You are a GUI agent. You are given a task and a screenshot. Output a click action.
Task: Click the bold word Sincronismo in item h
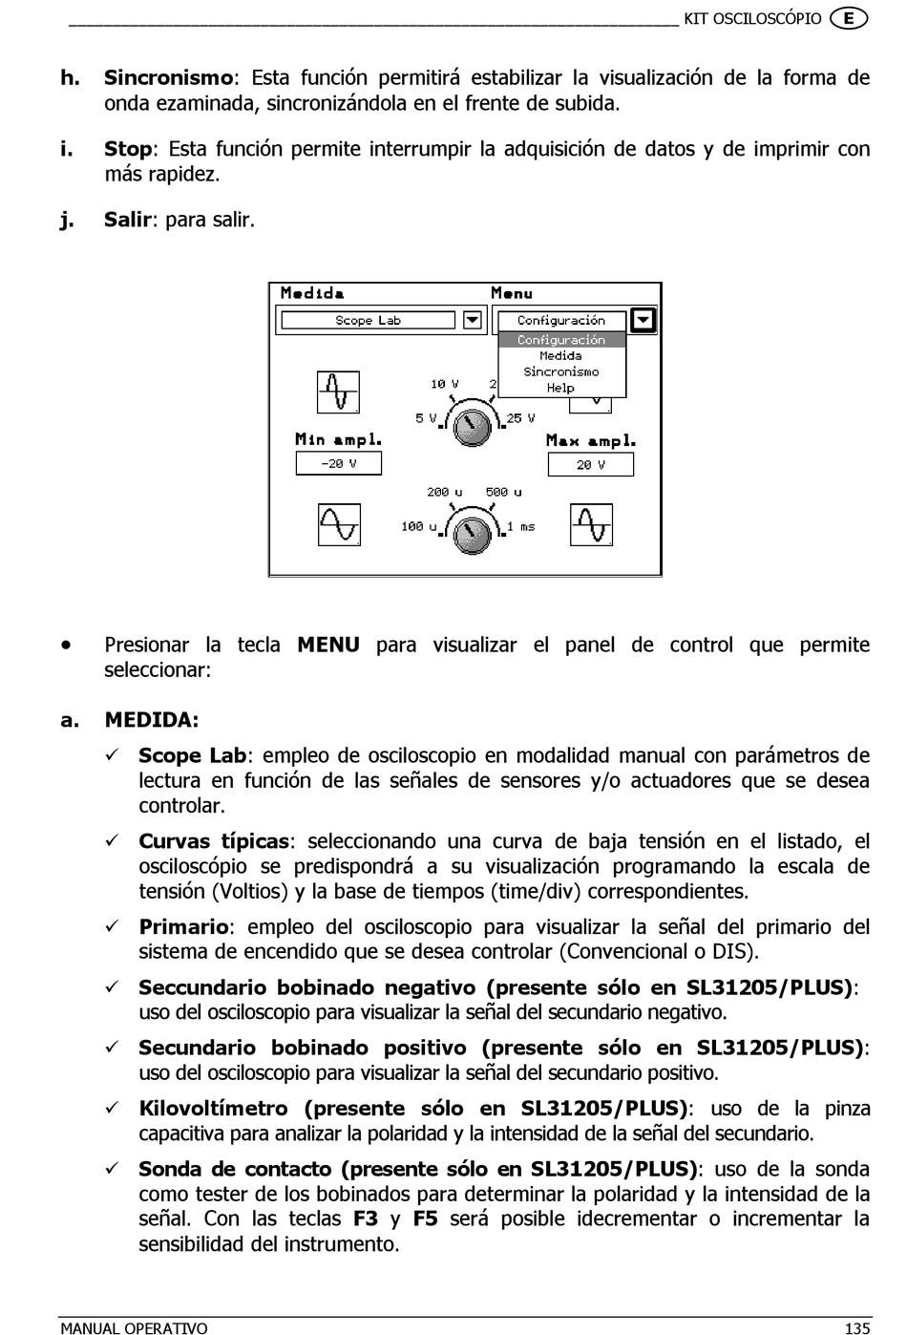[168, 78]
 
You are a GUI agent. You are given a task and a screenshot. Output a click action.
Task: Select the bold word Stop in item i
[128, 149]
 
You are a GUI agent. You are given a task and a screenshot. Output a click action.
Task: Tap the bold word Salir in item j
[127, 220]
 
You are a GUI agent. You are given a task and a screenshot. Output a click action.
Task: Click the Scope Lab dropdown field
[368, 321]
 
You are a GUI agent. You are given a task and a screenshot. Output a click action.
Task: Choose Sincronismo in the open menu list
[561, 371]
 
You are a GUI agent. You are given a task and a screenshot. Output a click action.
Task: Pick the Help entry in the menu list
[560, 388]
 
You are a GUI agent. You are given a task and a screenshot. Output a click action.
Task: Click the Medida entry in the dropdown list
[560, 355]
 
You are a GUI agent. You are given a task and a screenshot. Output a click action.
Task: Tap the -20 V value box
[338, 463]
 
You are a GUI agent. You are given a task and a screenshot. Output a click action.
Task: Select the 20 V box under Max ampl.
[590, 465]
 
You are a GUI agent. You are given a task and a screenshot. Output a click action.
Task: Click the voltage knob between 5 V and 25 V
[471, 427]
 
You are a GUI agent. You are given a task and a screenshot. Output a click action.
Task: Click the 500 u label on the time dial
[503, 493]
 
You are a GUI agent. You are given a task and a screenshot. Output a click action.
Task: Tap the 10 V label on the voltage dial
[444, 384]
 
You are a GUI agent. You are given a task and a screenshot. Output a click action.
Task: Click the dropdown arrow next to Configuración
[643, 321]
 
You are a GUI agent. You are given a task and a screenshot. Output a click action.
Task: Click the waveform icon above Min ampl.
[338, 392]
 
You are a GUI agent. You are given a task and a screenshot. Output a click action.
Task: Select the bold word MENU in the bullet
[328, 646]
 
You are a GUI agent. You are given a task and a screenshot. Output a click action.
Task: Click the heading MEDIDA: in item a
[152, 720]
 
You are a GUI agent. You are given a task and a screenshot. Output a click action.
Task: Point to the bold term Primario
[183, 927]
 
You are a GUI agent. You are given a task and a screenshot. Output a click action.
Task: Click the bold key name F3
[366, 1219]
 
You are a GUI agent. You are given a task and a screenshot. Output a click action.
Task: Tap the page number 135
[856, 1327]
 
